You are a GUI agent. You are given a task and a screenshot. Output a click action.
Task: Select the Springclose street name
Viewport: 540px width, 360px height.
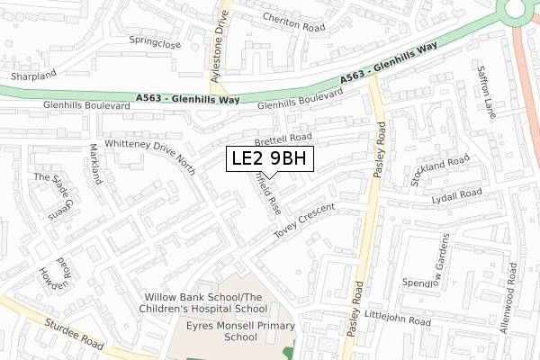coord(154,42)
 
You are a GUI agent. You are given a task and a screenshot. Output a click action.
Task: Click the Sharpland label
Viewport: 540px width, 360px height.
coord(33,76)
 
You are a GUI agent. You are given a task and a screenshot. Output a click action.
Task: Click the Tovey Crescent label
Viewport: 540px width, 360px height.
coord(304,221)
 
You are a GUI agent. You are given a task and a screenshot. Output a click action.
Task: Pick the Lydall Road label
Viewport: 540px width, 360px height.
coord(456,194)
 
